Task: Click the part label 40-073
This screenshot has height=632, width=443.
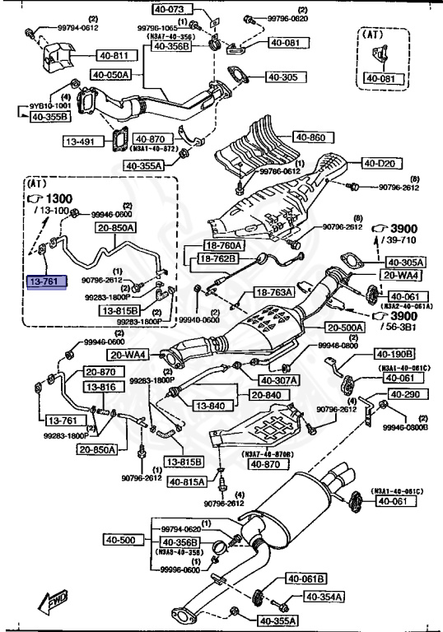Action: tap(170, 10)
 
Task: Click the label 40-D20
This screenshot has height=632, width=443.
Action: tap(381, 164)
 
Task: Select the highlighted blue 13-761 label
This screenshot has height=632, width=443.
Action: tap(46, 281)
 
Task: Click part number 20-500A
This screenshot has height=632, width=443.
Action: tap(339, 326)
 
